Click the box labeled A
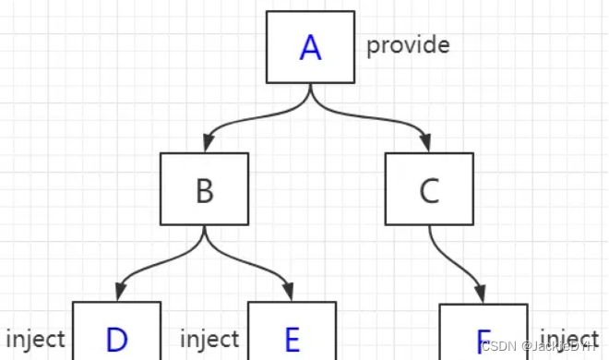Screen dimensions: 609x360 click(310, 46)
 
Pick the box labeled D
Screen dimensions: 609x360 click(116, 332)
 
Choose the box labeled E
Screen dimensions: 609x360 click(292, 332)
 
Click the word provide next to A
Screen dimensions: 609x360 click(408, 44)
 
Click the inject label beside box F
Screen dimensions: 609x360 click(569, 338)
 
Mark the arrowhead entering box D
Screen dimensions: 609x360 click(117, 292)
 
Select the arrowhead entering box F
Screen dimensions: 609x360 click(482, 294)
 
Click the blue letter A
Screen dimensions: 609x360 click(310, 47)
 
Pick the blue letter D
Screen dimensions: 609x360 click(116, 340)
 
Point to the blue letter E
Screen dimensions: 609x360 click(292, 340)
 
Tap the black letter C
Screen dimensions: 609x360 click(429, 191)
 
